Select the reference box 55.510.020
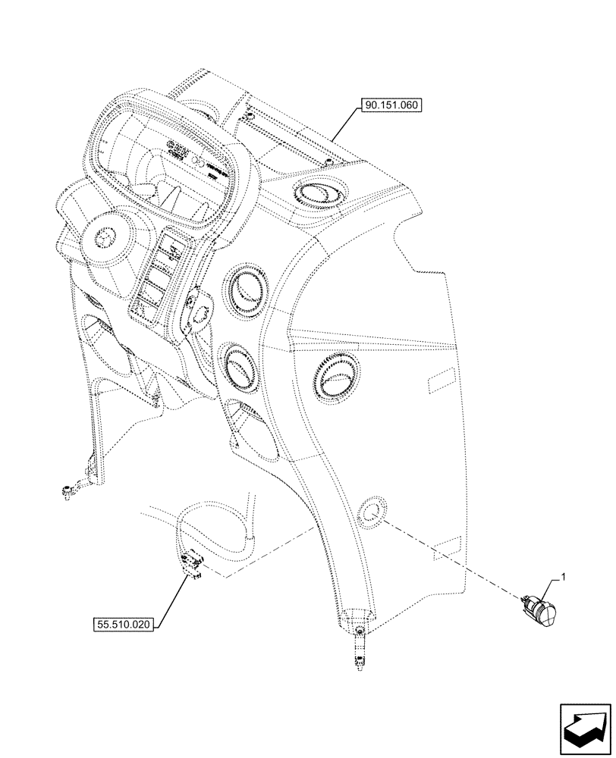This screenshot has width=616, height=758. click(124, 625)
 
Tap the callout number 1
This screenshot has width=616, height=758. click(563, 578)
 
